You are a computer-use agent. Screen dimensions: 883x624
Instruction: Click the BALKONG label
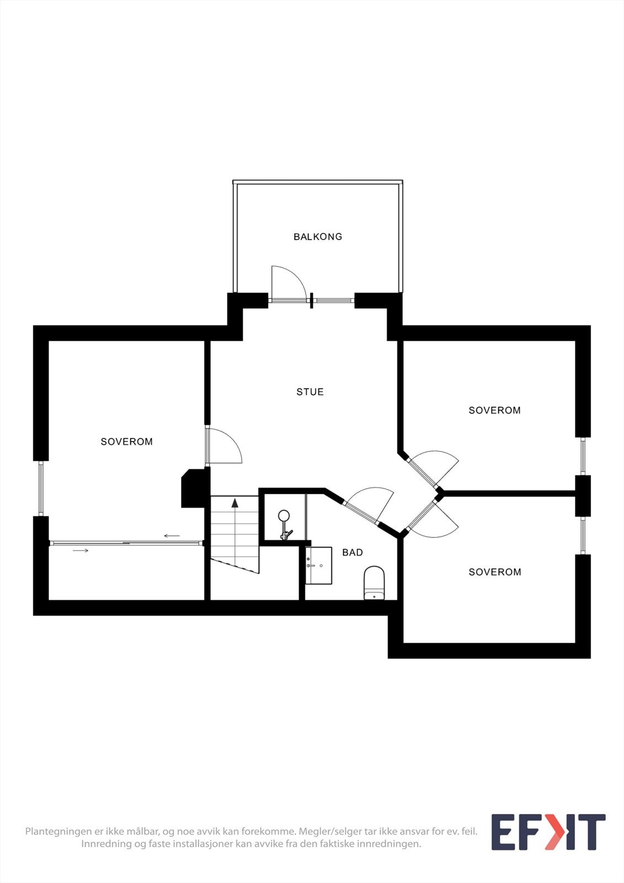[318, 237]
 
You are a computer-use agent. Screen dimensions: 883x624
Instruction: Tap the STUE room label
[310, 392]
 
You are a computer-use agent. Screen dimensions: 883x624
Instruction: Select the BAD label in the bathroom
[353, 552]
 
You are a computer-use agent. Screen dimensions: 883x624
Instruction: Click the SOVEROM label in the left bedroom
[127, 441]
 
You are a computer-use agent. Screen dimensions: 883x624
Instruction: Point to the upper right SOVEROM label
[494, 410]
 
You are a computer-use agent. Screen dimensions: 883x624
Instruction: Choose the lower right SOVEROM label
[494, 572]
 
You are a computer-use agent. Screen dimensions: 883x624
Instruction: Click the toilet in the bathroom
[374, 583]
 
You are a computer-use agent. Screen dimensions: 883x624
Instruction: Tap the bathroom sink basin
[319, 565]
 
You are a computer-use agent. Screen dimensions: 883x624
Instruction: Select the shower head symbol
[284, 517]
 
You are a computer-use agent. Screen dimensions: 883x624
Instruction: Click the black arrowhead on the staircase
[235, 502]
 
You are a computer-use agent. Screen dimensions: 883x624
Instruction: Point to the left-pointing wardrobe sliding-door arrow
[172, 536]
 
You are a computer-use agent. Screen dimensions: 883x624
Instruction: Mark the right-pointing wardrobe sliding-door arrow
[81, 550]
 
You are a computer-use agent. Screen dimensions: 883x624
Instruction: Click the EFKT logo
[548, 832]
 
